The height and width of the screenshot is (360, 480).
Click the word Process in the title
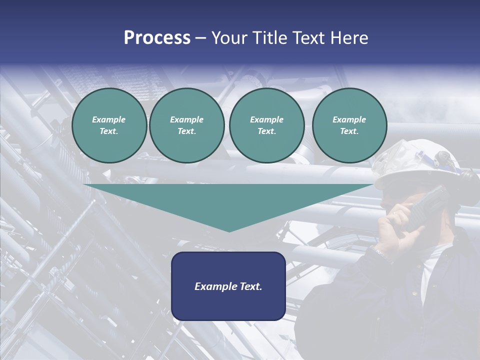pyautogui.click(x=157, y=38)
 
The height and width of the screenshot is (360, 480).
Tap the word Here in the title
pyautogui.click(x=349, y=38)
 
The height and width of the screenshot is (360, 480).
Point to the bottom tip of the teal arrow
pyautogui.click(x=229, y=230)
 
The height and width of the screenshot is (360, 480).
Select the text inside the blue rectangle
pyautogui.click(x=228, y=286)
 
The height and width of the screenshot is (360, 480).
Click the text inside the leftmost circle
pyautogui.click(x=109, y=125)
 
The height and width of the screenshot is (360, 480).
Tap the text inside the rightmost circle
pyautogui.click(x=349, y=125)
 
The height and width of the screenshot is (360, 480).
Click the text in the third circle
pyautogui.click(x=266, y=125)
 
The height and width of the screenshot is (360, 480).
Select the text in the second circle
pyautogui.click(x=186, y=125)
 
